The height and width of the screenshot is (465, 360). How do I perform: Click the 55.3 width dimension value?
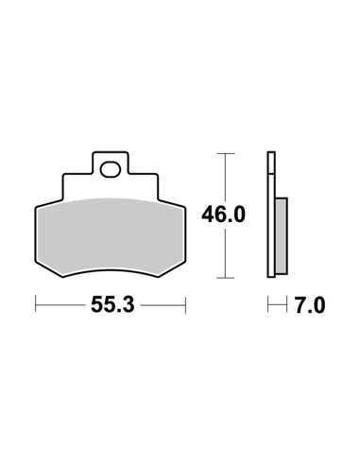point(112,305)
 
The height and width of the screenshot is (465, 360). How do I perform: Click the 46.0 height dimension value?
point(223,215)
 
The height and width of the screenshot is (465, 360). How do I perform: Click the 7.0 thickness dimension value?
point(310,305)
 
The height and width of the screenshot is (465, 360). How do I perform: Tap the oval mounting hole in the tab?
point(111,169)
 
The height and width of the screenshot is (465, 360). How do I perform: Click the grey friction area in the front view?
point(111,234)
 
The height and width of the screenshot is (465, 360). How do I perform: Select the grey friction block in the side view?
point(282,235)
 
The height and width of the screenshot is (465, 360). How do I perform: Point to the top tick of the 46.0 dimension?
point(226,153)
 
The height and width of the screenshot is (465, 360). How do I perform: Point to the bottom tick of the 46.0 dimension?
point(226,278)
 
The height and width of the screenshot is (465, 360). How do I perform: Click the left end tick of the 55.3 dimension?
point(36,303)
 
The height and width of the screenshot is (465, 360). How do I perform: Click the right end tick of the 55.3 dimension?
point(185,305)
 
